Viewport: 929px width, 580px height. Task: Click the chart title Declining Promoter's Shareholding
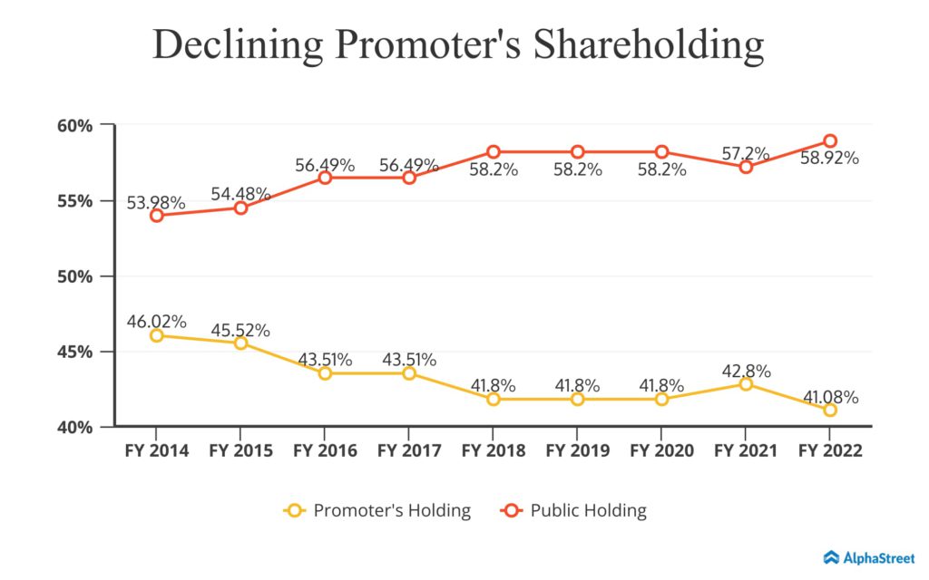(458, 45)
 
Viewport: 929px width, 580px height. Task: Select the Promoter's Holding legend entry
(377, 510)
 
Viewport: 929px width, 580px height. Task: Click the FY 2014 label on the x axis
(157, 450)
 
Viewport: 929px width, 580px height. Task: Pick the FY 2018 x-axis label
(493, 450)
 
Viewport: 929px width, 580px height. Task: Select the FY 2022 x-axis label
(829, 450)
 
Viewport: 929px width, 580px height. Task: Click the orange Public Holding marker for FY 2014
(157, 216)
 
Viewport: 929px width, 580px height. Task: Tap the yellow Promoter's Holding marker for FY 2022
(829, 410)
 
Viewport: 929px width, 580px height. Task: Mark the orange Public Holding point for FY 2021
(746, 167)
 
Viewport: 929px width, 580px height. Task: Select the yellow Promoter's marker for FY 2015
(241, 343)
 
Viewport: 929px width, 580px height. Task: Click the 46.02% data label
(157, 321)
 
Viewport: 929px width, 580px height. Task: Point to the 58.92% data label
(829, 158)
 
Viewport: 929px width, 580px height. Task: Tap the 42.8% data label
(746, 370)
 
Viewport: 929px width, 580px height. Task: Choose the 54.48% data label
(241, 193)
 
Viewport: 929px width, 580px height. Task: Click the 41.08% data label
(829, 396)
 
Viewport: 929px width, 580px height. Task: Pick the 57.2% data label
(746, 153)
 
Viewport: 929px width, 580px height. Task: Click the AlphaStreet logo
(870, 557)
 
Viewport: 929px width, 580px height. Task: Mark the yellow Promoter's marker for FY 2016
(325, 373)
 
